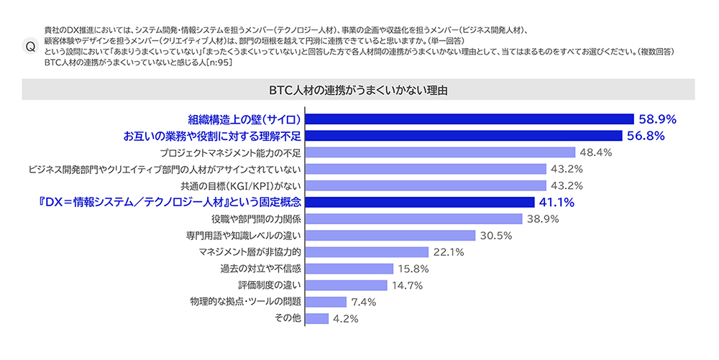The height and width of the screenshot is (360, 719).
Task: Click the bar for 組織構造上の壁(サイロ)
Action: (469, 119)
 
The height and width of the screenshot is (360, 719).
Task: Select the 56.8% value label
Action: (646, 136)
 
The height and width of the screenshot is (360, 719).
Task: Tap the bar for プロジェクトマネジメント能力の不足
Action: (440, 152)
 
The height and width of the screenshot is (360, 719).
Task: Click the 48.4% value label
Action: (596, 152)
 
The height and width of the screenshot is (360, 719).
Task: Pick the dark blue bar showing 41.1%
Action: (420, 202)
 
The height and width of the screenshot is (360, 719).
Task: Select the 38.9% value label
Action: (543, 218)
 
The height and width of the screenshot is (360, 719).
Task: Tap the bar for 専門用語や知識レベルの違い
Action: (390, 235)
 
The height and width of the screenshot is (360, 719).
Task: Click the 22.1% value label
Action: (448, 251)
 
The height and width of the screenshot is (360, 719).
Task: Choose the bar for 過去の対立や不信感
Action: (349, 268)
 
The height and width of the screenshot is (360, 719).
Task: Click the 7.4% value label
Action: (364, 301)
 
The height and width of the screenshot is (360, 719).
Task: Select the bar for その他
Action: (317, 318)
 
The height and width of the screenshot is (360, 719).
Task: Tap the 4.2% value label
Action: (346, 318)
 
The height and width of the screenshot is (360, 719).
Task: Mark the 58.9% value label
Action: (657, 119)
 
